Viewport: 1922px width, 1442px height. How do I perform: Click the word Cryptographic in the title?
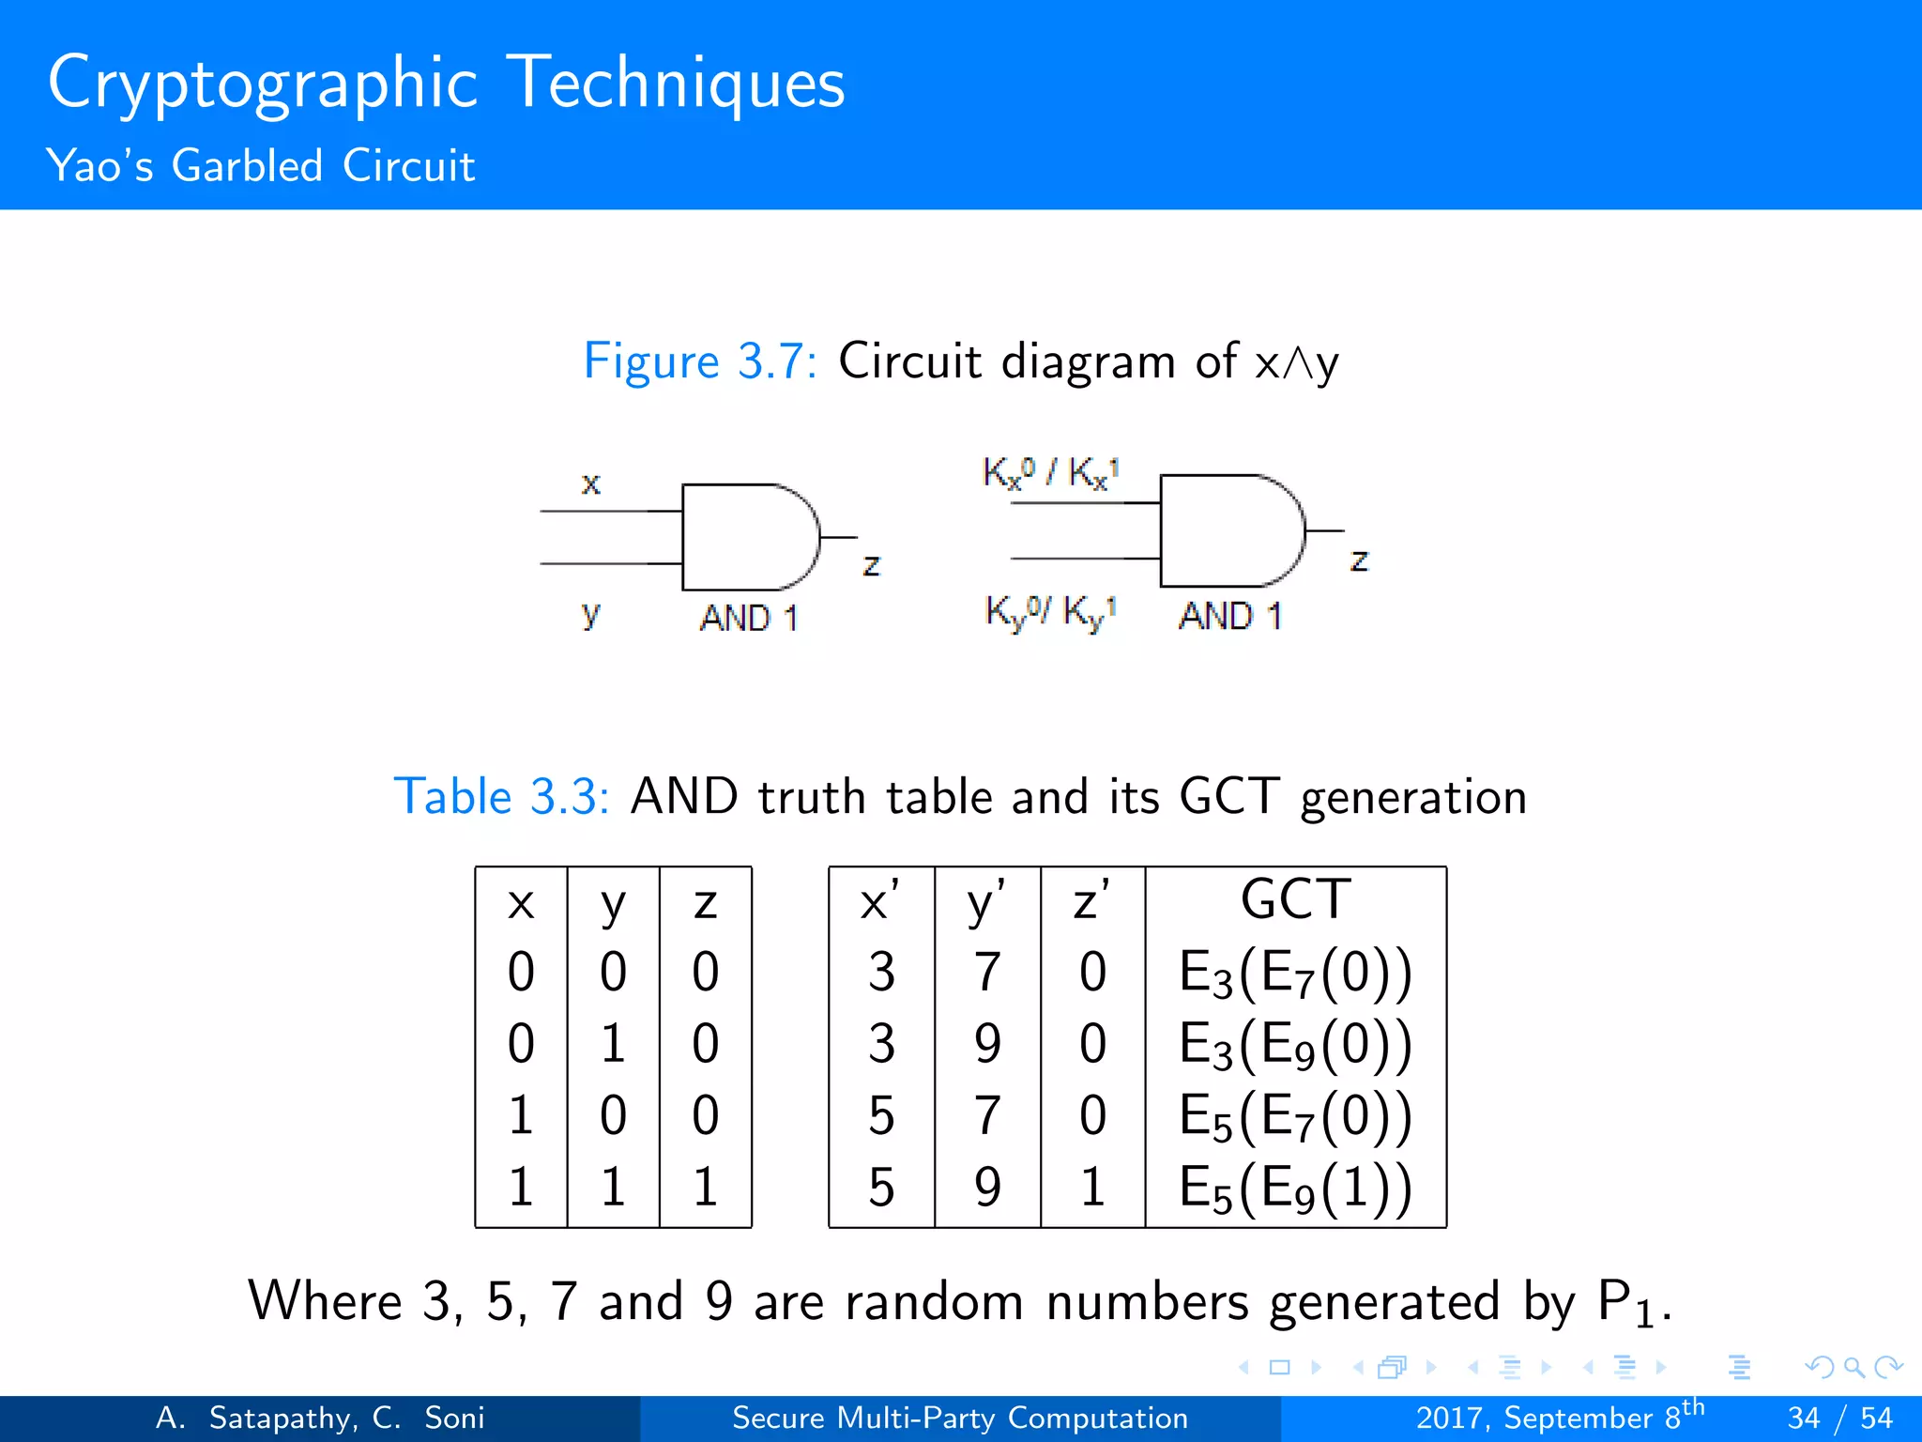click(263, 84)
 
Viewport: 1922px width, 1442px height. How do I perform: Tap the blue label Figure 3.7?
click(700, 361)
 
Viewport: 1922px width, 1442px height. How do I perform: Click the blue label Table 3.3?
click(501, 797)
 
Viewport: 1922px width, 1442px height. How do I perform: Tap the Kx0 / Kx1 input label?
click(1050, 472)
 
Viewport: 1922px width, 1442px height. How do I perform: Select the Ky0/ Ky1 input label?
click(1050, 612)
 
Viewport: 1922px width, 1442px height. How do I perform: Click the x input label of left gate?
click(590, 483)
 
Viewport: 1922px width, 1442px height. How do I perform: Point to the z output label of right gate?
click(1359, 560)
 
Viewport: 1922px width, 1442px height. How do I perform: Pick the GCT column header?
click(1295, 899)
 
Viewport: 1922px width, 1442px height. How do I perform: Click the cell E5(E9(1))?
click(1295, 1189)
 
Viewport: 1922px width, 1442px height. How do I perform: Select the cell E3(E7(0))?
click(1295, 973)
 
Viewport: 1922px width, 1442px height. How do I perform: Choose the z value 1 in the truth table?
click(705, 1187)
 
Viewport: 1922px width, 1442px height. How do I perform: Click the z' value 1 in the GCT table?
click(1091, 1187)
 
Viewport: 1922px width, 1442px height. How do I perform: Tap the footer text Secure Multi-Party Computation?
click(960, 1418)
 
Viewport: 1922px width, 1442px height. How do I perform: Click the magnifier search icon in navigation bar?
click(1853, 1367)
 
